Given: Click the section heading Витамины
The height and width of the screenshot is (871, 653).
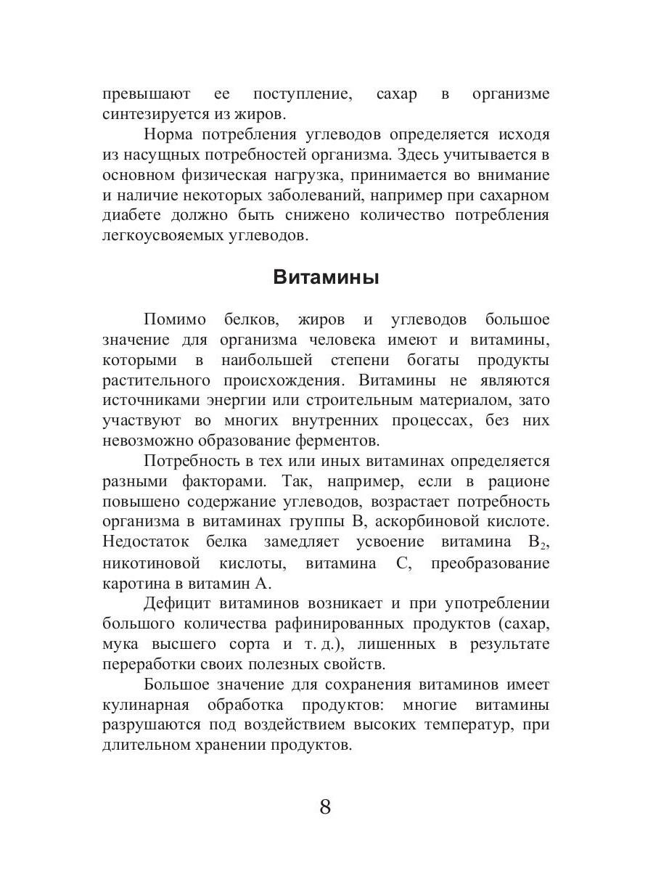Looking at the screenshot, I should (326, 277).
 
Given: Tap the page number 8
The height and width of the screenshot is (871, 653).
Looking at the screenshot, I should (325, 806).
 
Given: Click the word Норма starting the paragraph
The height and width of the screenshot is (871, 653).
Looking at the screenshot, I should (169, 135).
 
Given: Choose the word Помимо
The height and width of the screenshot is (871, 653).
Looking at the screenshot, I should (175, 320).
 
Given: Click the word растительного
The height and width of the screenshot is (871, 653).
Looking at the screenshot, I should (157, 381).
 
